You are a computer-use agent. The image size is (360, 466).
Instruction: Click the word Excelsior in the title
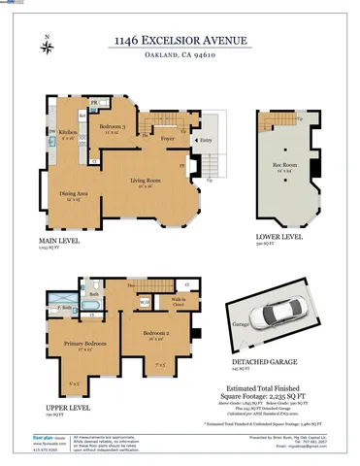pyautogui.click(x=183, y=40)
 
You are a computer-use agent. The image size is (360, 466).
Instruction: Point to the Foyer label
pyautogui.click(x=167, y=139)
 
